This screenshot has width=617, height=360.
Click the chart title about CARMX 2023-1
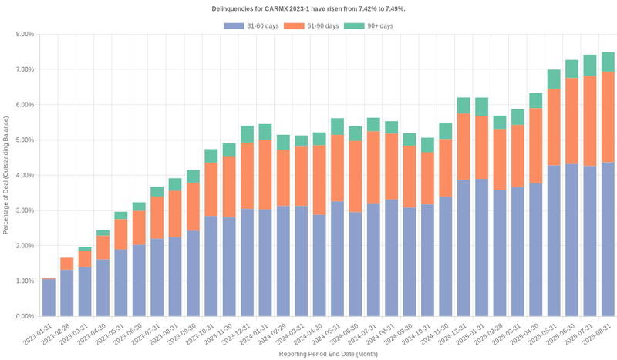click(x=308, y=8)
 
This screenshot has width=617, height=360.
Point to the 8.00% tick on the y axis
click(x=24, y=34)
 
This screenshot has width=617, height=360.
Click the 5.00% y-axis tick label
click(x=24, y=140)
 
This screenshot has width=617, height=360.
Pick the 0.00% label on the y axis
click(x=24, y=316)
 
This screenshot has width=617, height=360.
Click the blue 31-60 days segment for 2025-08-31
click(x=608, y=239)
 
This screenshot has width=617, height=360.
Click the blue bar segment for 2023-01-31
click(x=49, y=298)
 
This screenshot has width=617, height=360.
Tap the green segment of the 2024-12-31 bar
click(x=464, y=106)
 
